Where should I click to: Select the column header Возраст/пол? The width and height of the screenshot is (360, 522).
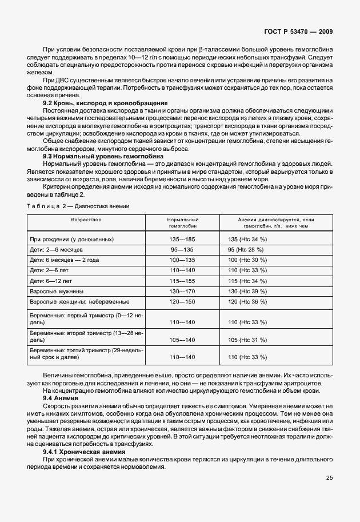[86, 220]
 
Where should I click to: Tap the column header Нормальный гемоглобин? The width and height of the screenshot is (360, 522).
[182, 223]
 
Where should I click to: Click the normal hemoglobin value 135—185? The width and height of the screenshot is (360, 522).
[182, 240]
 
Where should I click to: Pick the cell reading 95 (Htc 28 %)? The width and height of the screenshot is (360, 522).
[245, 250]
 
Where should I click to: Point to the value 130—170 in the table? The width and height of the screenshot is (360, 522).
[182, 291]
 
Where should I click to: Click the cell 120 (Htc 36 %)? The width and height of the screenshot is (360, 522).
[247, 301]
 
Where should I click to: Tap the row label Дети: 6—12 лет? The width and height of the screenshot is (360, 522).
[53, 281]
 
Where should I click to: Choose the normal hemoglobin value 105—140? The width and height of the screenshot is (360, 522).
[182, 340]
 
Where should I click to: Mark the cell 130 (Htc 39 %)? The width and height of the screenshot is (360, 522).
[247, 291]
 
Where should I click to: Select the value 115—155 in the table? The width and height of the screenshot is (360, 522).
[182, 281]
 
